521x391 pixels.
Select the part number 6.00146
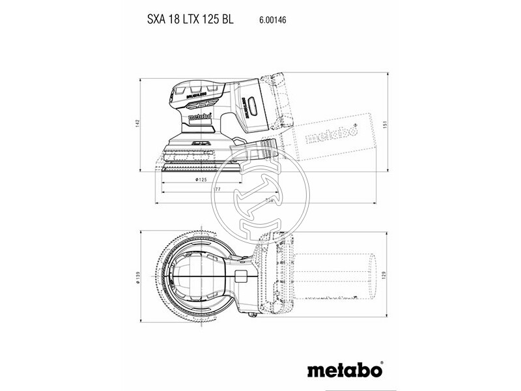pyautogui.click(x=272, y=20)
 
